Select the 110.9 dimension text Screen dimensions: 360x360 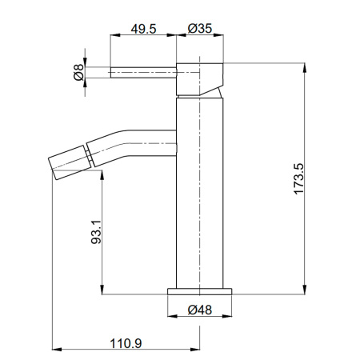[x=127, y=343]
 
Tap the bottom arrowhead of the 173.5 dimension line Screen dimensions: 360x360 [x=305, y=290]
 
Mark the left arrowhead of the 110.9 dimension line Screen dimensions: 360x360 [x=56, y=350]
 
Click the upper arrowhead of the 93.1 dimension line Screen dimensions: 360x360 [x=102, y=174]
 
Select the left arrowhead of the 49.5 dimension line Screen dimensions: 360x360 [x=113, y=35]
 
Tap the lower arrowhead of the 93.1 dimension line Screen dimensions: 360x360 [x=102, y=291]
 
